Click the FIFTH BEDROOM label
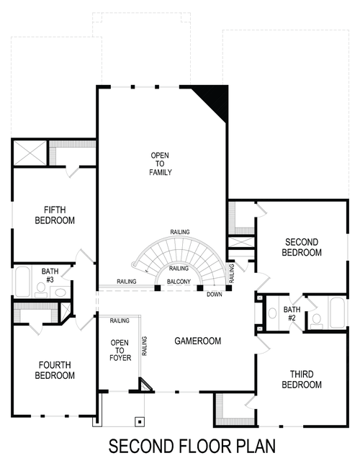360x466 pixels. pos(55,215)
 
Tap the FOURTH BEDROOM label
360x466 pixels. pos(55,370)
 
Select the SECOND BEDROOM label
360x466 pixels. pos(302,247)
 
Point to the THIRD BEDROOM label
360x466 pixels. pos(302,380)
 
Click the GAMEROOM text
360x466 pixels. pos(197,341)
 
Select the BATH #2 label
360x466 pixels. pos(291,313)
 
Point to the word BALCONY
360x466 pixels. pos(178,282)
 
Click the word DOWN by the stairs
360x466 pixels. pos(214,294)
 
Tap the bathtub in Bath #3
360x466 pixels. pos(22,282)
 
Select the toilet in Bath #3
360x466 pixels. pos(41,290)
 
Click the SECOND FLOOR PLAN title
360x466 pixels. pos(192,446)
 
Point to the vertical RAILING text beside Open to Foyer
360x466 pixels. pos(145,349)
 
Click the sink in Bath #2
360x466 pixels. pos(273,313)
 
